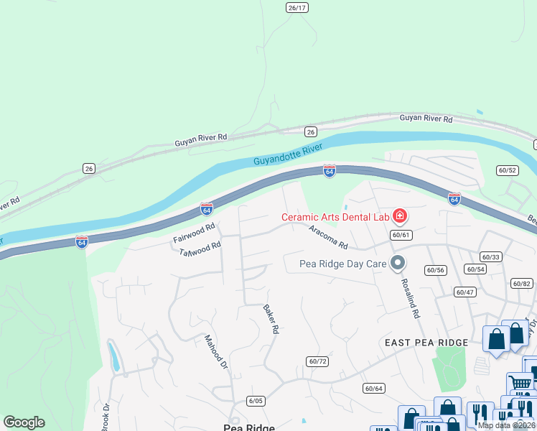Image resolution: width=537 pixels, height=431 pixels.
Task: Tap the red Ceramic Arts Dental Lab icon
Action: point(398,216)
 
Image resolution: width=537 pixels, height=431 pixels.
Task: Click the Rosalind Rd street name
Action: point(410,298)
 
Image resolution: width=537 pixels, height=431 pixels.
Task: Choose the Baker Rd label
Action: point(271,320)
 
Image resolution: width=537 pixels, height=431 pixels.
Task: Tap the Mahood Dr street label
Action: point(215,352)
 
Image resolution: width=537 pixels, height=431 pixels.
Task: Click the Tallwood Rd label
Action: point(200,249)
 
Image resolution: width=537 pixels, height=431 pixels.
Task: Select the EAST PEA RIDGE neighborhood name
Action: point(426,343)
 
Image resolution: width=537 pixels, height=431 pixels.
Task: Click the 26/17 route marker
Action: point(296,7)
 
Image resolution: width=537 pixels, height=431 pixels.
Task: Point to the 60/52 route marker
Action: point(507,170)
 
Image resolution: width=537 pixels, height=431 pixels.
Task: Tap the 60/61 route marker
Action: point(401,235)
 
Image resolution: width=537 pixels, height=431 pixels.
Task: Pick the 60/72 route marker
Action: point(317,361)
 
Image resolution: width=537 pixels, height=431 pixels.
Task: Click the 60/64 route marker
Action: point(374,388)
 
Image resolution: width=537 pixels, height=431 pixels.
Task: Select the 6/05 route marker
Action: point(255,400)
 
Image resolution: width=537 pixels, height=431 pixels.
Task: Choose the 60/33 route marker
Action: point(490,256)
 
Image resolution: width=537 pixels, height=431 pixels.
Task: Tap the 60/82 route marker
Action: point(522,284)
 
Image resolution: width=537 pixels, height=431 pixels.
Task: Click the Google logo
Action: point(24,422)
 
